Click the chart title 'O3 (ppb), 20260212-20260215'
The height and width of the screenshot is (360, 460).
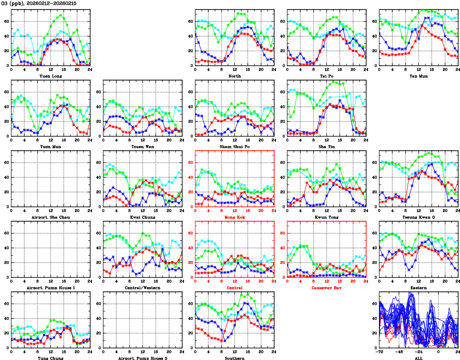38,3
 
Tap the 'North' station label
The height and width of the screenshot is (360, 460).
235,76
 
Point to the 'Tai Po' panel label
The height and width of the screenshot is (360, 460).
327,76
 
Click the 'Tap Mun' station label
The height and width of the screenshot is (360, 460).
419,76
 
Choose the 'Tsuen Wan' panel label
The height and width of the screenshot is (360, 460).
143,146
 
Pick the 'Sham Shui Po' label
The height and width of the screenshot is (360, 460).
235,146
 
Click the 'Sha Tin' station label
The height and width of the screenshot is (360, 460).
327,146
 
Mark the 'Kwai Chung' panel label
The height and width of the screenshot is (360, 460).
143,217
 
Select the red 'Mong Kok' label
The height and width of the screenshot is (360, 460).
235,217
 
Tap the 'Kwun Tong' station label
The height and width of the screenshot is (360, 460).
327,217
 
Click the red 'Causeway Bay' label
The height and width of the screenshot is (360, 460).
327,288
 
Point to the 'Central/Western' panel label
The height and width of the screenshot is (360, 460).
143,288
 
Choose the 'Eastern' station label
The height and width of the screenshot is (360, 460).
419,288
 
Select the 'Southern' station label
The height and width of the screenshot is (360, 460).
235,358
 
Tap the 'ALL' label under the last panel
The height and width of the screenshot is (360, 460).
419,358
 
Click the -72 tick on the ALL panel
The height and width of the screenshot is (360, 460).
381,352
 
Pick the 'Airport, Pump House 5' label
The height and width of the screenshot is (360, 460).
143,358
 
